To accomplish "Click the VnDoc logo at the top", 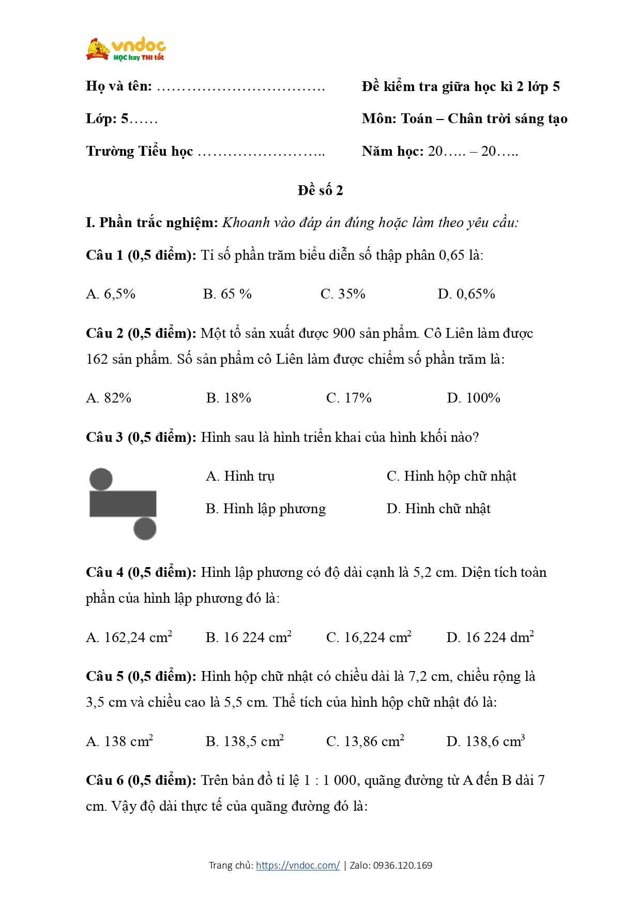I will (126, 50).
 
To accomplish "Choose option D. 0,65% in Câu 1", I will (466, 294).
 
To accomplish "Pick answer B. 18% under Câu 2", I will (228, 398).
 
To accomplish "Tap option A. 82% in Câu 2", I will (109, 398).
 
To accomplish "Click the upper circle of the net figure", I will (101, 479).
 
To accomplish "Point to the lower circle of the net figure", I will (145, 529).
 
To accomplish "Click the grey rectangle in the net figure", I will (123, 503).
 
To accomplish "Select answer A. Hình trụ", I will (240, 476).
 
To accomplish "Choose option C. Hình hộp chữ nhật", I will (451, 476).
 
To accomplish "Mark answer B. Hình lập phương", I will (266, 509).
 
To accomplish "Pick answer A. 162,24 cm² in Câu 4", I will (129, 637).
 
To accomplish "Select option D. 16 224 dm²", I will (490, 637).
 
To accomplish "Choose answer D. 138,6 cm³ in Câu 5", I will (485, 741).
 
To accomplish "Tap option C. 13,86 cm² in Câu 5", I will (365, 741).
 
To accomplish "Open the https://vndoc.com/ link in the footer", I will (298, 865).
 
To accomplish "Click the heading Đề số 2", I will (320, 190).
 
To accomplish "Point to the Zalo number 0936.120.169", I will (403, 865).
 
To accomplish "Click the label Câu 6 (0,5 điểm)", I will (141, 780).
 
